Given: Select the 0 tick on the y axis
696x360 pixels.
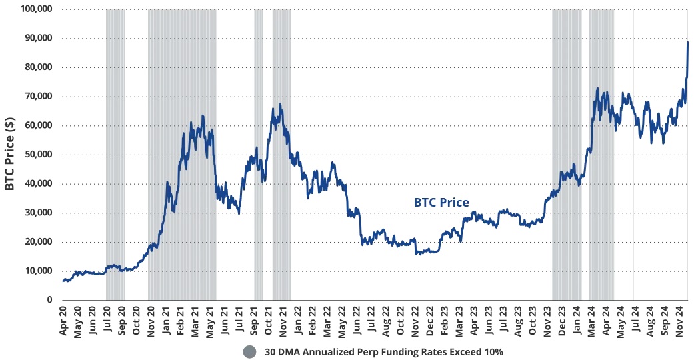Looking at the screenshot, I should pyautogui.click(x=50, y=300).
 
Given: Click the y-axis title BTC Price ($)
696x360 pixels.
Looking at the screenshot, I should pyautogui.click(x=10, y=154).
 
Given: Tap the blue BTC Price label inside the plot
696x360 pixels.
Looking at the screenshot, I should pyautogui.click(x=441, y=202).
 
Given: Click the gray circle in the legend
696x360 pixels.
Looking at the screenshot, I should pyautogui.click(x=249, y=351).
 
